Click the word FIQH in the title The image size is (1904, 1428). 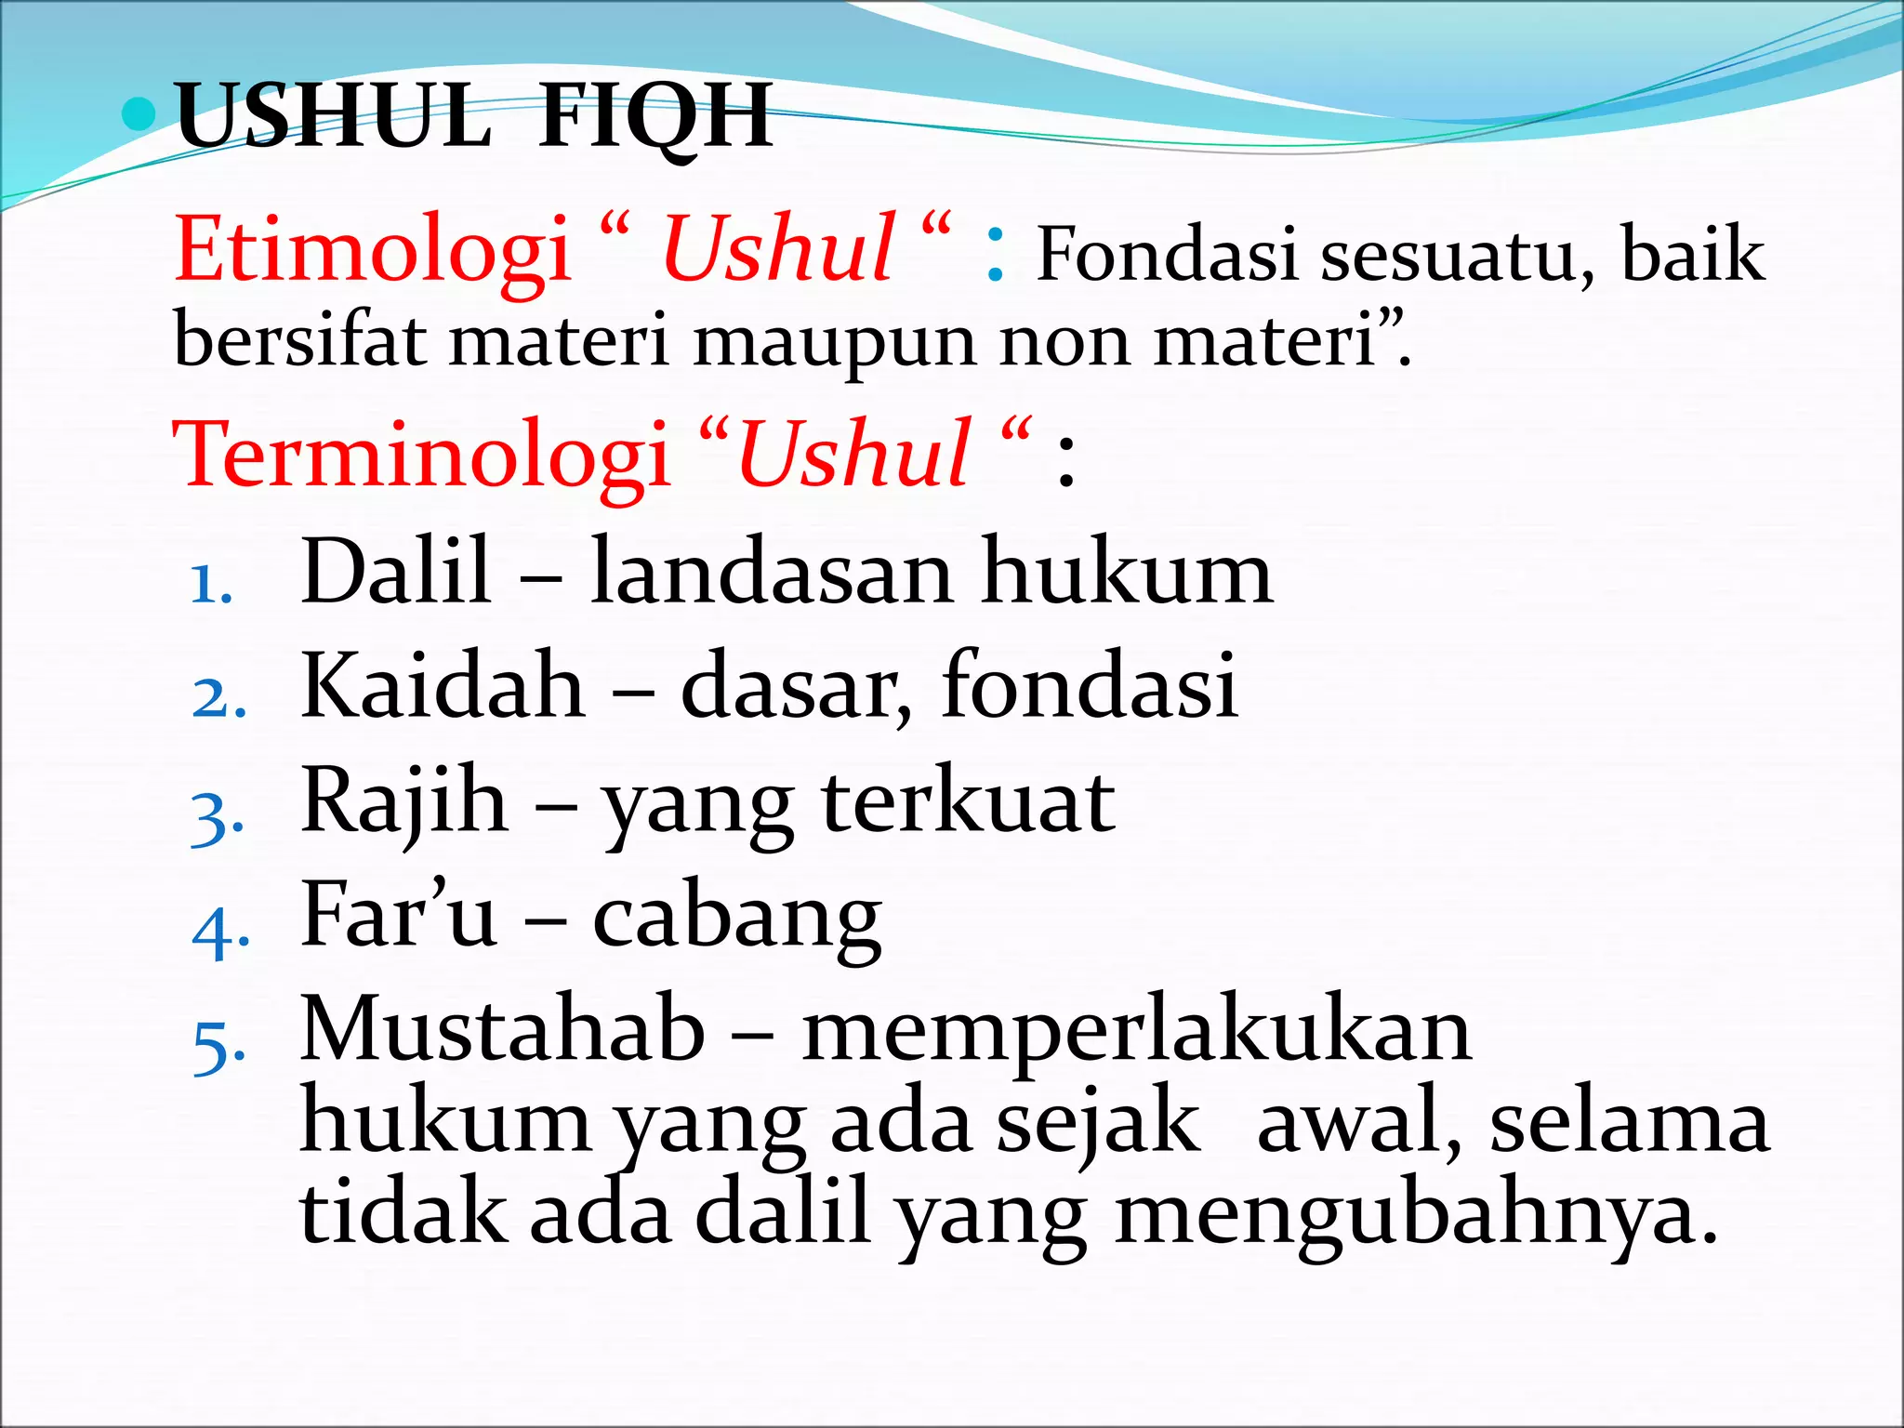click(x=655, y=116)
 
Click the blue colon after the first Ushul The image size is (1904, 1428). click(x=995, y=256)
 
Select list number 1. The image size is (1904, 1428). click(x=210, y=585)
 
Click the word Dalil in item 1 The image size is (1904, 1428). click(x=396, y=572)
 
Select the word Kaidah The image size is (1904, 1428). click(x=443, y=686)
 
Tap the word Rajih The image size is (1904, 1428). click(x=404, y=801)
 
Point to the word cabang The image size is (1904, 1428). click(x=736, y=918)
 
